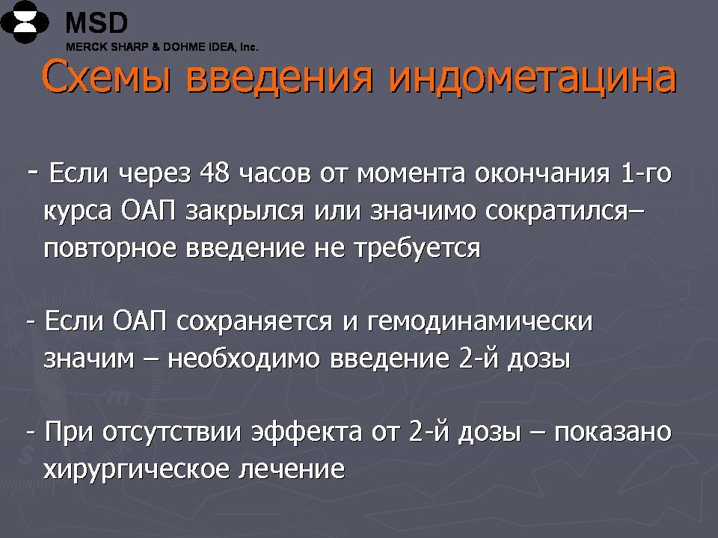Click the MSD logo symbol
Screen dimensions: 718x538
tap(24, 22)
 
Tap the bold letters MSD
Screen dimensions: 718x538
tap(96, 22)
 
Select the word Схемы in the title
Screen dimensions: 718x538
tap(108, 77)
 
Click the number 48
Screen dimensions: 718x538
tap(215, 173)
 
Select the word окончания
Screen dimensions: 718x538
tap(542, 174)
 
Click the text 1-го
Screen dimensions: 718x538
tap(646, 173)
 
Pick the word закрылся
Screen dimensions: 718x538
tap(245, 211)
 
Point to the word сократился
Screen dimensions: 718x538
tap(556, 211)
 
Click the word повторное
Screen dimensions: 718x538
tap(111, 248)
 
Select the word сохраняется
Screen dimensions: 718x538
tap(254, 321)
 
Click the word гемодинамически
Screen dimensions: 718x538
tap(480, 321)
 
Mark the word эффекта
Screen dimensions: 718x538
tap(307, 431)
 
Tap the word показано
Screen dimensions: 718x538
tap(613, 432)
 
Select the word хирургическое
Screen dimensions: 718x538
tap(136, 469)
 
